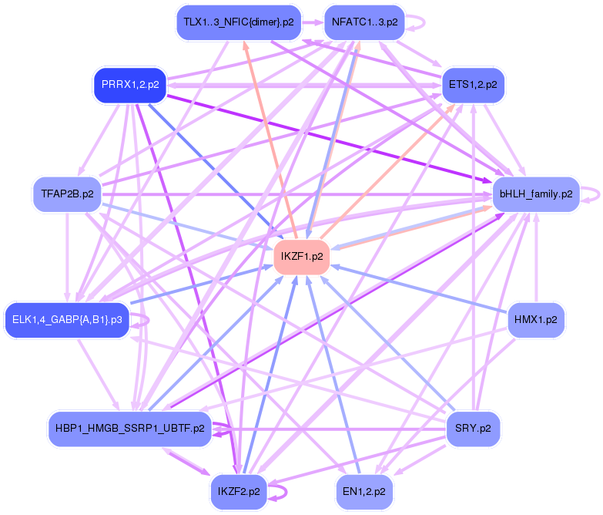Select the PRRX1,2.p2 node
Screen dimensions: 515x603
[x=130, y=85]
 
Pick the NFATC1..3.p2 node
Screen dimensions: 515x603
[x=364, y=22]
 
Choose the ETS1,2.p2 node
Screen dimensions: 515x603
[x=472, y=85]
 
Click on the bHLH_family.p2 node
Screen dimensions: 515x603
[x=536, y=194]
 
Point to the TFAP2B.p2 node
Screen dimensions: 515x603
[x=67, y=194]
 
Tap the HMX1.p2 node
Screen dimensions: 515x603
[x=536, y=318]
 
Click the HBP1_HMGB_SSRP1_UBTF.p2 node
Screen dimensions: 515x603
[x=129, y=429]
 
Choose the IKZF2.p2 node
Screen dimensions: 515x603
[x=238, y=490]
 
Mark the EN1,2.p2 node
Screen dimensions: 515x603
[x=364, y=490]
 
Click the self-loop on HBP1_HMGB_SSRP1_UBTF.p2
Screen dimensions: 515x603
[x=224, y=429]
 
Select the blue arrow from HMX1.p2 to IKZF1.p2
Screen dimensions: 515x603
[x=416, y=287]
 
